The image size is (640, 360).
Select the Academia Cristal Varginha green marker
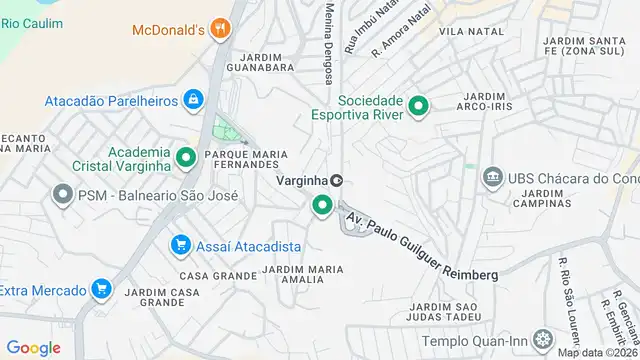point(185,158)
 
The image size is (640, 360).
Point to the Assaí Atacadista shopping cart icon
point(181,245)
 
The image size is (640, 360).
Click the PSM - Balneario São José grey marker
point(63,195)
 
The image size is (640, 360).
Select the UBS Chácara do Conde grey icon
point(492,178)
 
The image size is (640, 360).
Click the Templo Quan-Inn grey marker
point(542,339)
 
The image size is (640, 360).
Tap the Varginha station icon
point(337,180)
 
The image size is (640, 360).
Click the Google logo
point(33,348)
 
